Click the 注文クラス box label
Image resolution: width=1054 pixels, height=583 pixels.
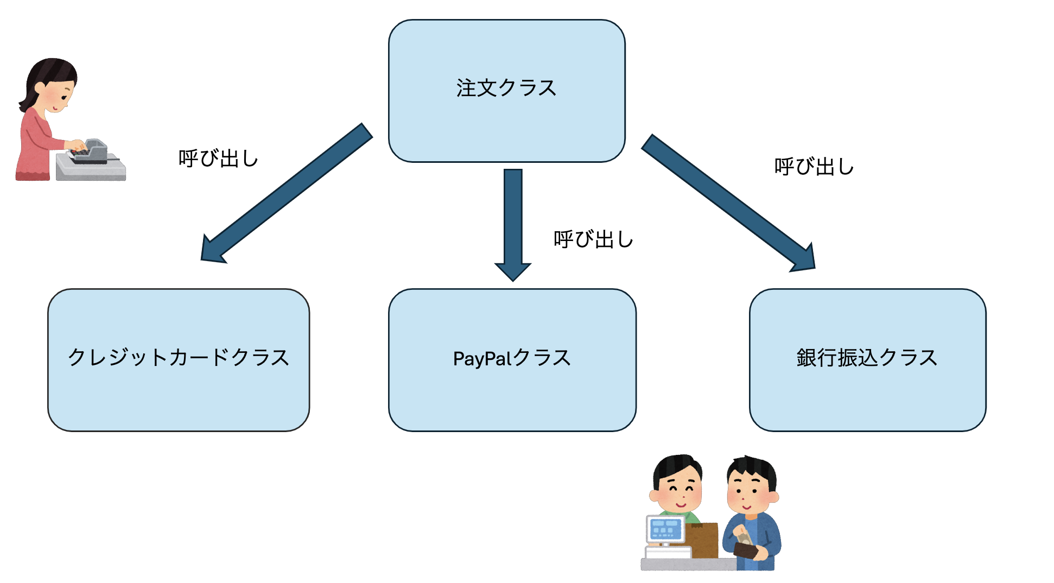pos(506,88)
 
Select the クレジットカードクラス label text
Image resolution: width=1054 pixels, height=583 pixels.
pos(179,358)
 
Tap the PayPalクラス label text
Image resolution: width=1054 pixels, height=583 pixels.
pos(512,358)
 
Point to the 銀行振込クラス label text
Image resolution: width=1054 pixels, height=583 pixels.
pos(867,358)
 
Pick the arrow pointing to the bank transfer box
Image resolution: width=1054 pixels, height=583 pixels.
pos(727,201)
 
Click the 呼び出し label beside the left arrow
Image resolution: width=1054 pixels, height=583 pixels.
pos(218,159)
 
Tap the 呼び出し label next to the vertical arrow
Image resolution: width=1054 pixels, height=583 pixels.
pos(593,239)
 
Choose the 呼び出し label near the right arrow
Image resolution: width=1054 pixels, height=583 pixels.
pos(814,167)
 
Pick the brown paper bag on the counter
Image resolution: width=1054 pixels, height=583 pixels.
pos(701,540)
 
